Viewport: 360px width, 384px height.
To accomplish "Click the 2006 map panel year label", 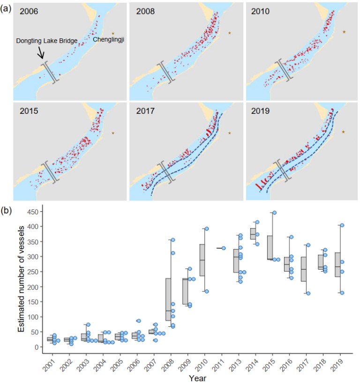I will tap(29, 11).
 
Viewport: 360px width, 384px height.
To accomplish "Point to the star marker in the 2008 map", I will tap(230, 33).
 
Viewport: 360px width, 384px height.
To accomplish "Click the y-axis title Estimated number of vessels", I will tap(22, 274).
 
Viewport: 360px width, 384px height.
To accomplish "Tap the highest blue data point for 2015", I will tap(274, 213).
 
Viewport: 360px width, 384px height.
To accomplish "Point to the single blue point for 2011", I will tap(224, 248).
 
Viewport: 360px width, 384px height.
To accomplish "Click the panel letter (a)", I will tap(7, 7).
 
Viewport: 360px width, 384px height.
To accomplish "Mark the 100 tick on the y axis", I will tap(31, 317).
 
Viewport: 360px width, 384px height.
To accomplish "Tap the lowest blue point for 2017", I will tap(308, 293).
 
